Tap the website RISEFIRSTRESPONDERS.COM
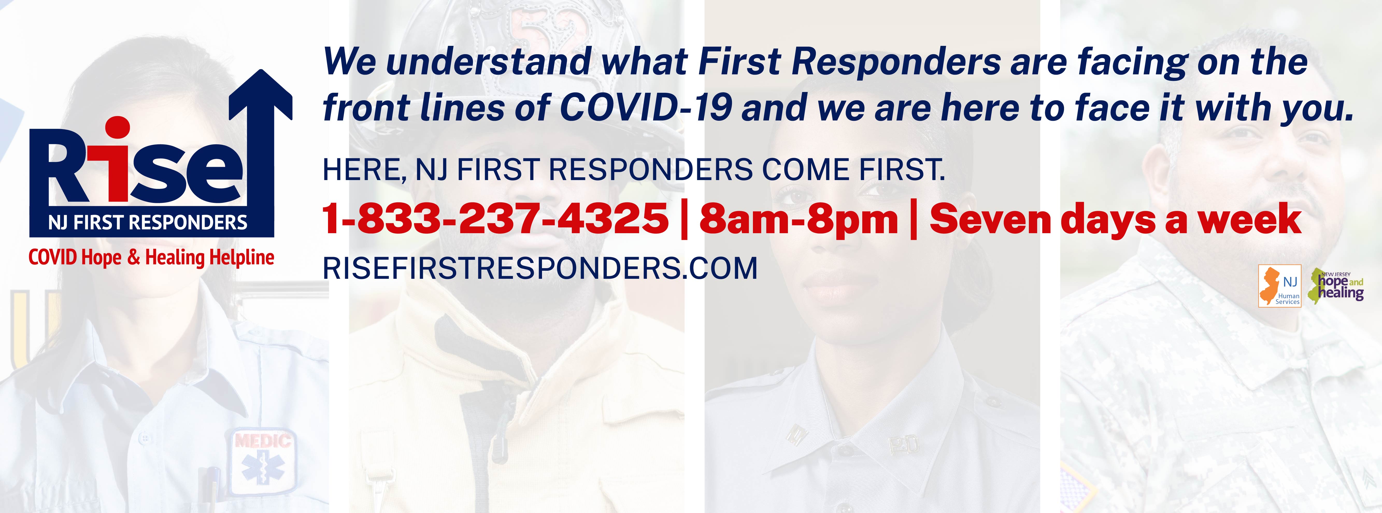[540, 268]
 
